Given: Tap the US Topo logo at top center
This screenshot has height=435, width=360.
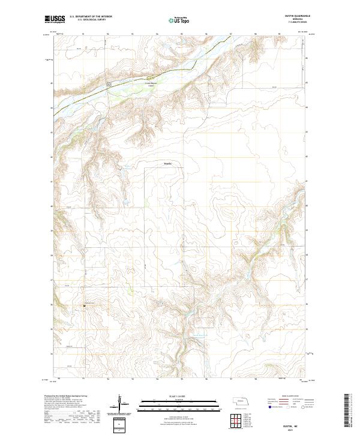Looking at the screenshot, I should pos(180,20).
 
